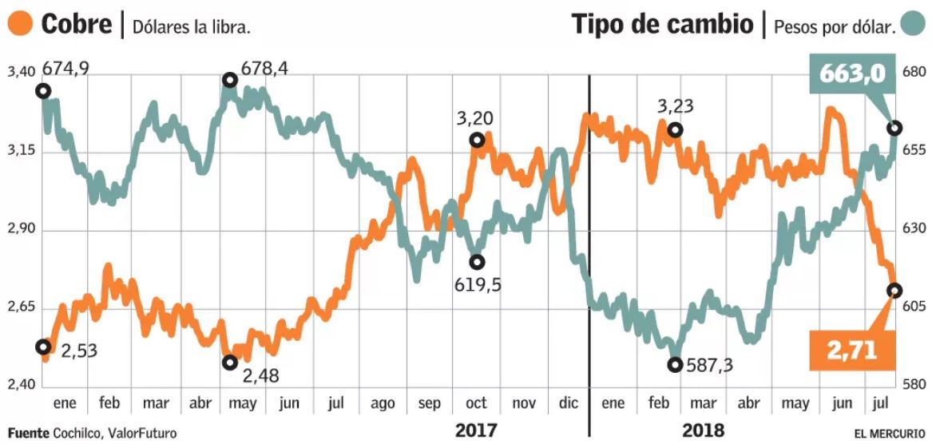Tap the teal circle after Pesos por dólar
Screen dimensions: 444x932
pos(912,24)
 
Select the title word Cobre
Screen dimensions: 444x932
pos(76,24)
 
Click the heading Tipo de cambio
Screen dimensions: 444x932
pos(662,24)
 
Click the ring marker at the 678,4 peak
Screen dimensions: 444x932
pos(230,80)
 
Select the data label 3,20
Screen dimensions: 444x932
pos(474,119)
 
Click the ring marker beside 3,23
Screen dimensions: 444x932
pos(675,129)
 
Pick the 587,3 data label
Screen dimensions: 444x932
pos(711,365)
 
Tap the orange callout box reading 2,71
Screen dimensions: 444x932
pos(852,350)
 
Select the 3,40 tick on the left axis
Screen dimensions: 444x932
pos(21,73)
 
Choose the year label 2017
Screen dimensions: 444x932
pos(476,430)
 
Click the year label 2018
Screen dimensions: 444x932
pos(704,430)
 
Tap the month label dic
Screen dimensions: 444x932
pos(569,403)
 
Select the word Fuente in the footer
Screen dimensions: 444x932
pos(29,433)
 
